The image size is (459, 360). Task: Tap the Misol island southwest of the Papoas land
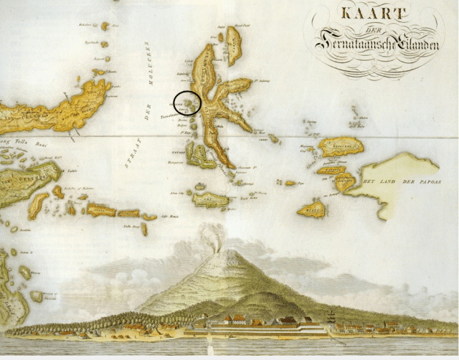tap(313, 209)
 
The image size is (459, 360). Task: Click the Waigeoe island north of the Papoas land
tap(341, 146)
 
